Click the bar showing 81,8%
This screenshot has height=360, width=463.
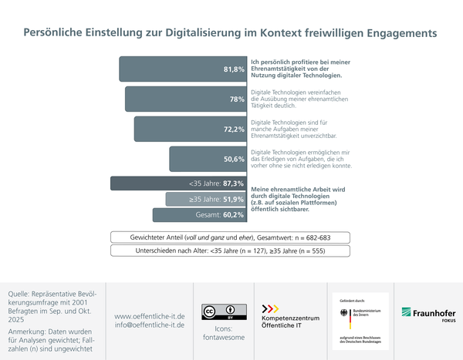coord(183,69)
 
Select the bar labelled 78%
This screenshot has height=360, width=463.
coord(186,99)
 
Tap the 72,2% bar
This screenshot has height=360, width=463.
coord(191,129)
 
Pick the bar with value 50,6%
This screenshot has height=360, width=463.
coord(208,159)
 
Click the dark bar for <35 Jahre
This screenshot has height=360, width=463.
coord(178,183)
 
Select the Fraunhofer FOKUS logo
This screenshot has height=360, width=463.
coord(428,314)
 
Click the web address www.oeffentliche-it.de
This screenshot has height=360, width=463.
coord(149,315)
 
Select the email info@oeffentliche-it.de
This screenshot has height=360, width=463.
coord(149,325)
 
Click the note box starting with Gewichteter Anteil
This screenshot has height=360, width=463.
coord(231,237)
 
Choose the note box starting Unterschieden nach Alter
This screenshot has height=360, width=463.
coord(231,251)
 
